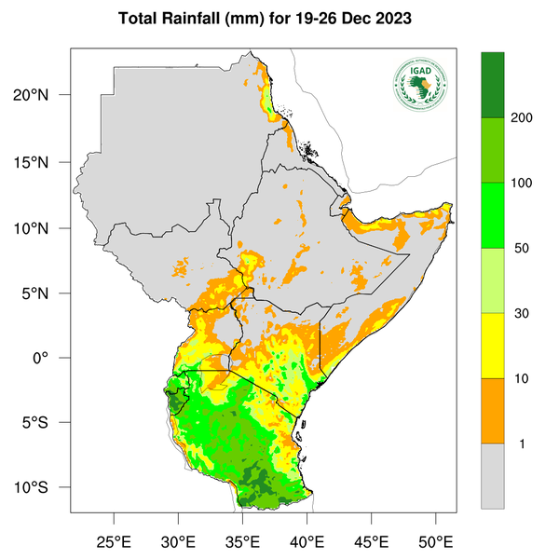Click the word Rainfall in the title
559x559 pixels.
202,19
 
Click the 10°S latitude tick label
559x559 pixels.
44,488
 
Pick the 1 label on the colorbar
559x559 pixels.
521,443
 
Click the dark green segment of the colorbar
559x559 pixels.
492,85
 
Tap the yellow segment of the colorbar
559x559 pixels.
492,345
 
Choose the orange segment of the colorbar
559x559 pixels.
492,410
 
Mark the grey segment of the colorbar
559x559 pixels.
492,475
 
